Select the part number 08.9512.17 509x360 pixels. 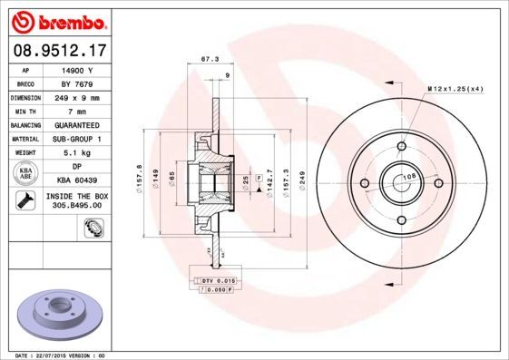coord(60,51)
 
